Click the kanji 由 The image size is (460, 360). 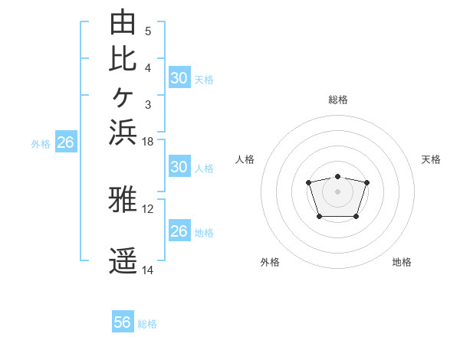[123, 21]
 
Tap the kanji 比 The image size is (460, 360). [123, 59]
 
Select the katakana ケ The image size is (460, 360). [123, 97]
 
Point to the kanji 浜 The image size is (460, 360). [123, 133]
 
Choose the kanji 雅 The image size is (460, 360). [123, 199]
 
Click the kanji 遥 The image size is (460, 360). [123, 260]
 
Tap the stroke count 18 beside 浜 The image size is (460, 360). [147, 142]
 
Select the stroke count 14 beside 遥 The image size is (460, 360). [147, 270]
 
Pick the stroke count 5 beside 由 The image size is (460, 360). [148, 31]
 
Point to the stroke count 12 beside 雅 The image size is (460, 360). [147, 209]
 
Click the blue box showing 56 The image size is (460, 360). [123, 321]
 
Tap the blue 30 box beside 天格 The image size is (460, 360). [180, 77]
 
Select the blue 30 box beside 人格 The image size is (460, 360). [180, 166]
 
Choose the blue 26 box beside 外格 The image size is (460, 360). [66, 141]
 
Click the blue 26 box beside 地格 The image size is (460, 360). [180, 230]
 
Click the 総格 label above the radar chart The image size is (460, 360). [338, 100]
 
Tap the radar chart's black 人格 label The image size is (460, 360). [245, 159]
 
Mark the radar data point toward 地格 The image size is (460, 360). [356, 217]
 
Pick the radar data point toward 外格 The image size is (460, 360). [320, 217]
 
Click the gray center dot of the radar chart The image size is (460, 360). [337, 191]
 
